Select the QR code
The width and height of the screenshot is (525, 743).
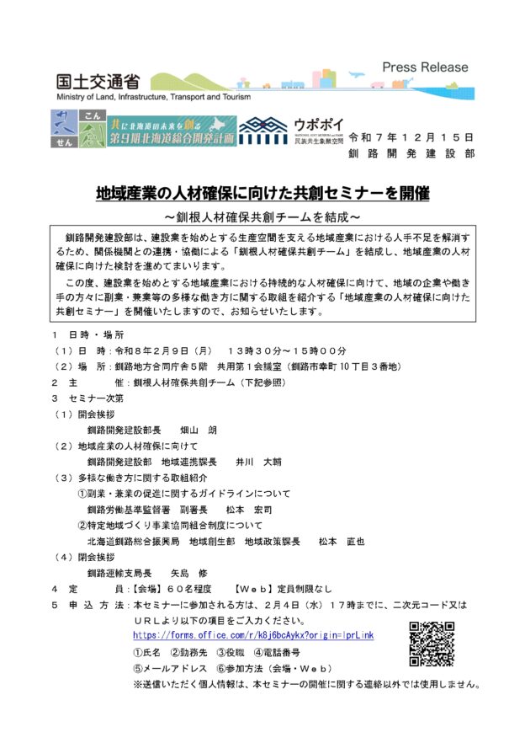coord(432,644)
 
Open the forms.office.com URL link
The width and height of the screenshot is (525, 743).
coord(253,635)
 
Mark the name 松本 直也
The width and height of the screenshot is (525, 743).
coord(341,542)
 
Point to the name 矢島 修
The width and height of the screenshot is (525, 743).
coord(188,573)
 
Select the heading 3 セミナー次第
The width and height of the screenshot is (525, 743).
coord(87,398)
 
